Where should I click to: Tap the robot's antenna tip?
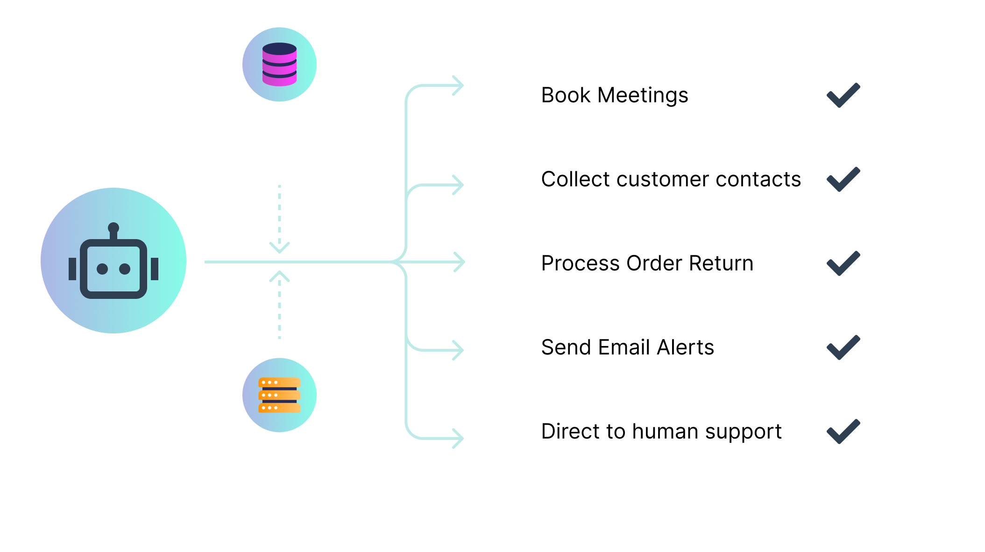[113, 228]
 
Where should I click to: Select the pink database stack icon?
[279, 64]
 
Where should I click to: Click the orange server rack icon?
[279, 395]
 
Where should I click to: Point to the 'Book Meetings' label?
[615, 96]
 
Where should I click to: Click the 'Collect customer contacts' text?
[671, 179]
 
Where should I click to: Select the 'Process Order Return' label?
[647, 263]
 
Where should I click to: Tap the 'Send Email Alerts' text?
[628, 347]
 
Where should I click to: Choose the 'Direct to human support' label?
[661, 432]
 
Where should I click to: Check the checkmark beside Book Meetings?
[843, 95]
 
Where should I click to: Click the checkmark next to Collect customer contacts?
[843, 179]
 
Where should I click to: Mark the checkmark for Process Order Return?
[843, 263]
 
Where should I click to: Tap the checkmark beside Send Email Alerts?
[843, 347]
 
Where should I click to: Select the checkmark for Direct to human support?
[843, 432]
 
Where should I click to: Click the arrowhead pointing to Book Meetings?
[459, 85]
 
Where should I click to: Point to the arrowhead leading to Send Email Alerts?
[459, 350]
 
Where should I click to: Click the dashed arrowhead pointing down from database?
[279, 248]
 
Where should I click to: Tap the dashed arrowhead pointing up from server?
[279, 276]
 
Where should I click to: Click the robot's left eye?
[102, 269]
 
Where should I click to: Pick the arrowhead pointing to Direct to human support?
[459, 439]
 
